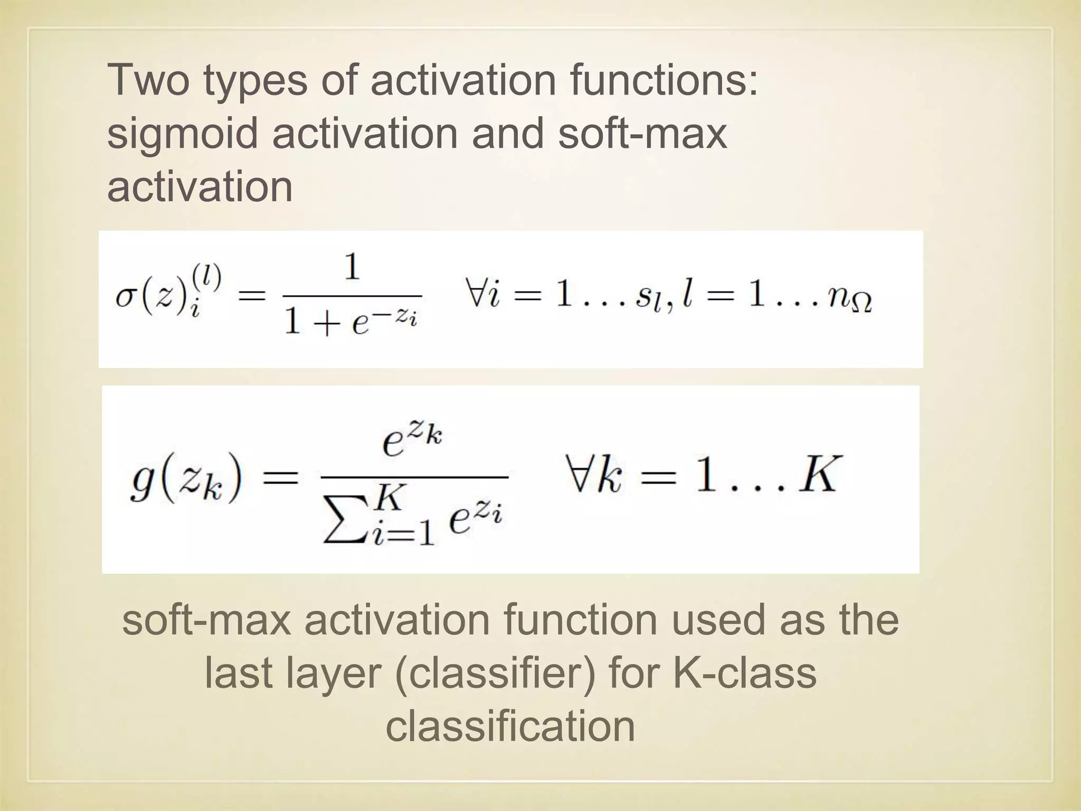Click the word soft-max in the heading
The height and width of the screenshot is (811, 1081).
click(642, 134)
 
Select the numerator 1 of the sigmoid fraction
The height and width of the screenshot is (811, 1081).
click(352, 268)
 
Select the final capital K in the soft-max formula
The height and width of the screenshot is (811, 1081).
click(817, 474)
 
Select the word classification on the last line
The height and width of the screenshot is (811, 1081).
click(510, 727)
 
